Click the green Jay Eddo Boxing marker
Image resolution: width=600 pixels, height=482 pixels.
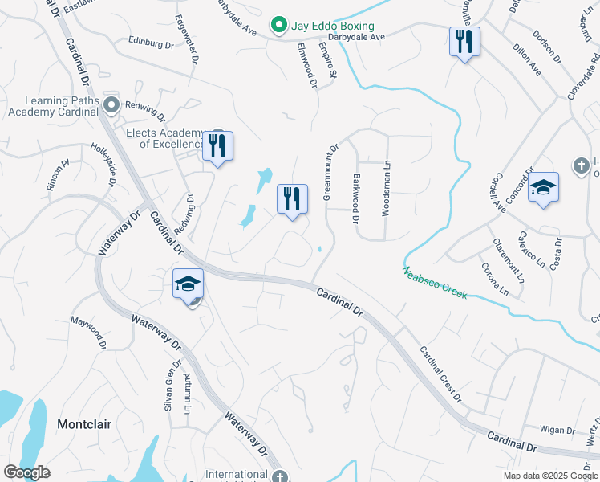(278, 26)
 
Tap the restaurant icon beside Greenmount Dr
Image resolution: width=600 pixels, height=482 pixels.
(292, 200)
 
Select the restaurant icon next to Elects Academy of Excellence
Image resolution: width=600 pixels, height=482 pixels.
(217, 146)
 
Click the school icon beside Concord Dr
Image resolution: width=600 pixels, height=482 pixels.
(543, 188)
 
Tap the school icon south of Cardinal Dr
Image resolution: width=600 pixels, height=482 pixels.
(188, 285)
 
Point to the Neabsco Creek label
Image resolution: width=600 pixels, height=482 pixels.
(435, 283)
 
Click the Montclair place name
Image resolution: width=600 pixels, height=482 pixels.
(84, 423)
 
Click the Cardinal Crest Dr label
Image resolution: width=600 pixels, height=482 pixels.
(440, 374)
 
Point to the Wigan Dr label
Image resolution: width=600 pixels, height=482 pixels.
(558, 430)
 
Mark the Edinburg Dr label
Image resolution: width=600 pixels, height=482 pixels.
(151, 43)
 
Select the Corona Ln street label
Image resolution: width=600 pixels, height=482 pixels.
(494, 277)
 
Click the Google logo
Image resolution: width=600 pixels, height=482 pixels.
(27, 472)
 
